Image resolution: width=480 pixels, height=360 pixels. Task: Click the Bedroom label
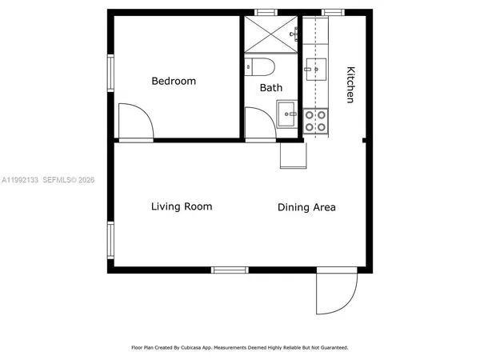174,81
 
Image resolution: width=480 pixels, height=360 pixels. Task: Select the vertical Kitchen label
350,84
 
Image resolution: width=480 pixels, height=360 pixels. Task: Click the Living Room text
182,206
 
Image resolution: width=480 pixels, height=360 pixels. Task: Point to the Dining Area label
306,207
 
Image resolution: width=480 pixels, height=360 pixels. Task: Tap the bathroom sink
286,114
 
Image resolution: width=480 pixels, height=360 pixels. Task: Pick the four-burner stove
315,121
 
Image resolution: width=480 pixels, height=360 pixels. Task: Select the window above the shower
265,12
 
